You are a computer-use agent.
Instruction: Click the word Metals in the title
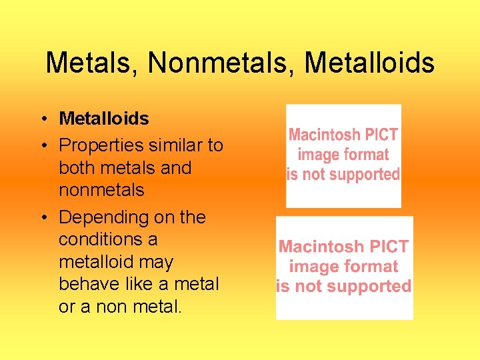(91, 64)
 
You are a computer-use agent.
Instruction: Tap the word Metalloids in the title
(369, 64)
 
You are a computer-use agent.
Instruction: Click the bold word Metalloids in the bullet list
(104, 119)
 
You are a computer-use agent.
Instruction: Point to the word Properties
(101, 145)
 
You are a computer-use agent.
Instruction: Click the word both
(79, 167)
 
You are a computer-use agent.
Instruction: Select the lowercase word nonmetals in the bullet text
(101, 190)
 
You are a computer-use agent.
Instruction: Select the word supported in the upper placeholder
(366, 175)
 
